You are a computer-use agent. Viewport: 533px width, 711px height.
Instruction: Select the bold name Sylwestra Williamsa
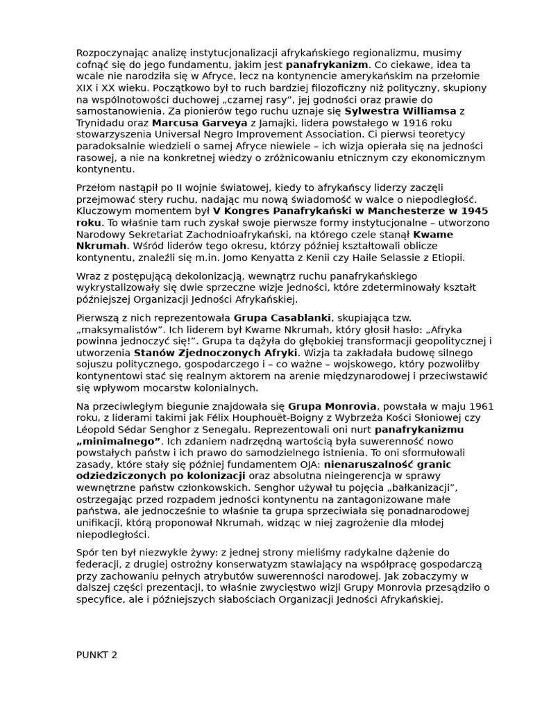(x=400, y=111)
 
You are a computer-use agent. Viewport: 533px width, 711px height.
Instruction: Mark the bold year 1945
(x=472, y=210)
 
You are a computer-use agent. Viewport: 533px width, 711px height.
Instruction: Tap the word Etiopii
(x=446, y=258)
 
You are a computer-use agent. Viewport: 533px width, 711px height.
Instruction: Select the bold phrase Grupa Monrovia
(x=332, y=405)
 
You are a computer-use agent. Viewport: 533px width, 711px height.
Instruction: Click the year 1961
(x=480, y=405)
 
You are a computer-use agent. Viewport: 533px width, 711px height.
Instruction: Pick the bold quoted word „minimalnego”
(x=119, y=441)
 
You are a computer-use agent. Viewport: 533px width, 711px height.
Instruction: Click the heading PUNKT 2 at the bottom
(x=97, y=654)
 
